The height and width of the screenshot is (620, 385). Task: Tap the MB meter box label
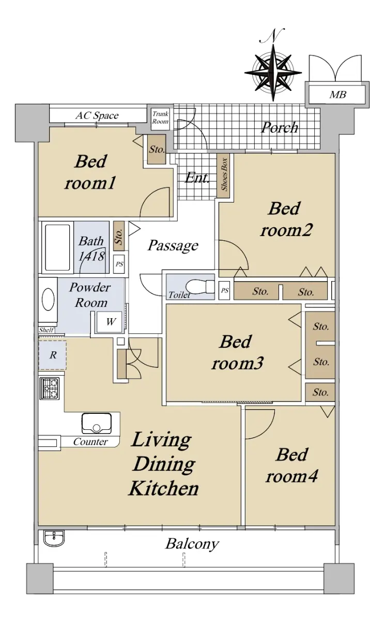(x=337, y=95)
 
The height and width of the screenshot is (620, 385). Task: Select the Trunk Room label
(x=160, y=118)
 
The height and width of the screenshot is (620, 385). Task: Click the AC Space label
(x=97, y=115)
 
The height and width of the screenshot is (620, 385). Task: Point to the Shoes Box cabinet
(x=223, y=176)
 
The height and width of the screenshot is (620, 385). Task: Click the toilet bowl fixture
(x=200, y=286)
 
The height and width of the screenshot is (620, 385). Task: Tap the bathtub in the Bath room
(x=57, y=247)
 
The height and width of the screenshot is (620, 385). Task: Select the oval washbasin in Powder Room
(x=48, y=300)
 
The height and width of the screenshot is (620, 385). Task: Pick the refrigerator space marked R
(x=52, y=355)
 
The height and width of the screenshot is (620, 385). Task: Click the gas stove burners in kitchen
(x=50, y=389)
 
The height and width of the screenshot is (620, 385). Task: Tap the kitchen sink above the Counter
(x=97, y=424)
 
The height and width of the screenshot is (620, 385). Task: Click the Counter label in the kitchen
(x=90, y=442)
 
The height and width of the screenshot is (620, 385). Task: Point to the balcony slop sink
(x=54, y=538)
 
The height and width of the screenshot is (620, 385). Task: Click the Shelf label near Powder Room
(x=46, y=330)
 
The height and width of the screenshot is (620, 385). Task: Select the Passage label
(x=173, y=245)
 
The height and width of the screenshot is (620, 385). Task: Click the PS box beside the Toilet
(x=224, y=290)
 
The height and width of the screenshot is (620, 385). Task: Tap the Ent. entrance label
(x=197, y=178)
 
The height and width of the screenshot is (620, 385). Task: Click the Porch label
(x=280, y=128)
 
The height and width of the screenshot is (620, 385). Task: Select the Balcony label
(x=192, y=544)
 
